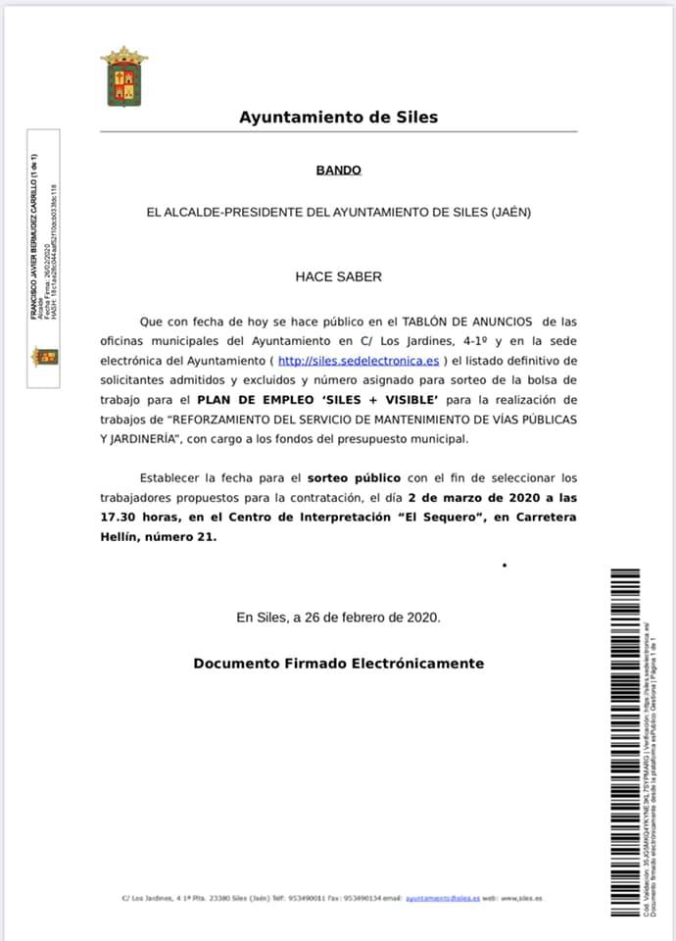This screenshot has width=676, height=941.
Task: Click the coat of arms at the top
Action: [123, 75]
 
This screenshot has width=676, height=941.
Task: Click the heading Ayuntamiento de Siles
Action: [338, 118]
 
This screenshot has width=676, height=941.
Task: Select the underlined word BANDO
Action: [338, 170]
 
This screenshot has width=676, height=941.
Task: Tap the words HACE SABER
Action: [338, 276]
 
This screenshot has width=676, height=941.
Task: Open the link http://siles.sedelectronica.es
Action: [359, 360]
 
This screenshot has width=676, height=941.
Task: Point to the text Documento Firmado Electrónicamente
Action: [338, 664]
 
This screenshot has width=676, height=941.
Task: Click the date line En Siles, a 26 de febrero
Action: [338, 618]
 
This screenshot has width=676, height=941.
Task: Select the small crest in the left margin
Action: [46, 356]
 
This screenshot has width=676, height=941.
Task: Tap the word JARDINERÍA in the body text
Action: [144, 438]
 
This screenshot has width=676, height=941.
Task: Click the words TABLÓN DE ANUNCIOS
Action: [465, 321]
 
